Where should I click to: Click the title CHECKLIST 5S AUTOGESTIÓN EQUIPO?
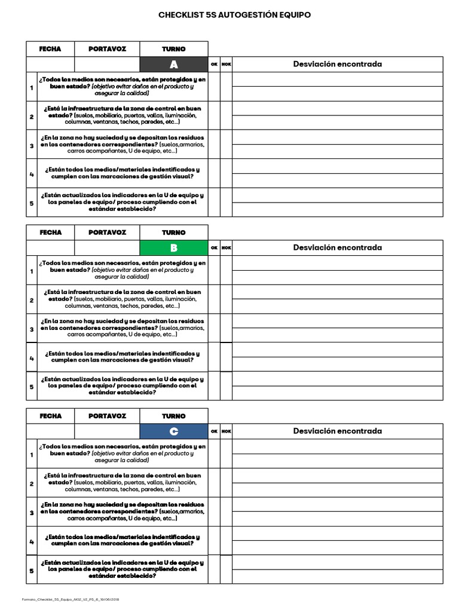pos(234,15)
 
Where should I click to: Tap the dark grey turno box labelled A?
pos(174,65)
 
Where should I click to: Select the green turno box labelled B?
pos(174,248)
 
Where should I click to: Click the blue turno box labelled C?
pos(174,432)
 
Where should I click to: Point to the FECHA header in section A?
pos(50,49)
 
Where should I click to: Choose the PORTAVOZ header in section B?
pos(107,232)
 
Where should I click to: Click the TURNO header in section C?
pos(174,416)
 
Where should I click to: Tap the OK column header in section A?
pos(214,65)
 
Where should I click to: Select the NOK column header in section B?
pos(226,248)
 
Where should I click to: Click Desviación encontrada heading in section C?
pos(337,432)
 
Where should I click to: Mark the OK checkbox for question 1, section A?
pos(214,87)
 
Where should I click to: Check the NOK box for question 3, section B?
pos(226,328)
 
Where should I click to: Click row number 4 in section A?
pos(32,174)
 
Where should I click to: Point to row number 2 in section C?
pos(32,484)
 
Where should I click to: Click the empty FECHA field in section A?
pos(50,65)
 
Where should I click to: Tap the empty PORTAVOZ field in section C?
pos(107,432)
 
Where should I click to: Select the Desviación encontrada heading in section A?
pos(337,65)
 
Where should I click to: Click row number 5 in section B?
pos(32,387)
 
